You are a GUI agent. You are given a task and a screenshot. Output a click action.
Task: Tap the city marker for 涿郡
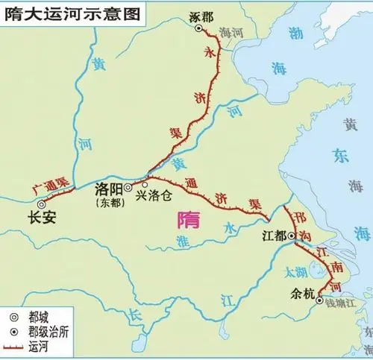coord(199,28)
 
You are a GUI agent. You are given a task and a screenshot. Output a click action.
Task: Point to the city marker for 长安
coord(43,203)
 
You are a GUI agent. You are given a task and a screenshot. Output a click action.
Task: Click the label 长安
coord(39,218)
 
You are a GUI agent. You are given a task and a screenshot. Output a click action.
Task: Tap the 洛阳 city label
coord(110,188)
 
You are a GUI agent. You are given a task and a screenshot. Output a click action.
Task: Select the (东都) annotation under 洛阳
coord(110,200)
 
